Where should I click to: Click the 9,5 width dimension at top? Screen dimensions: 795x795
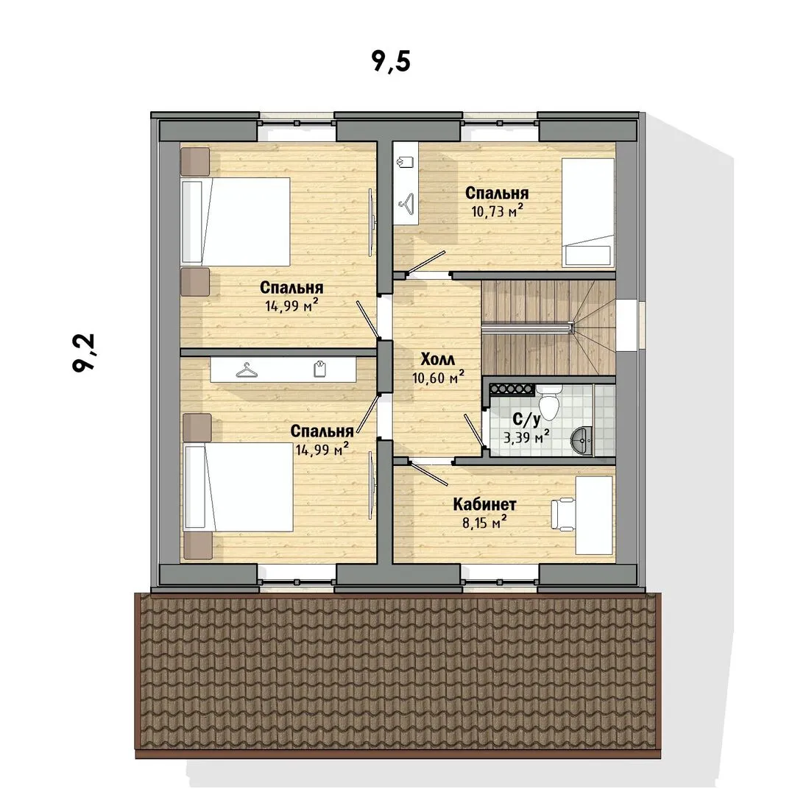click(x=390, y=62)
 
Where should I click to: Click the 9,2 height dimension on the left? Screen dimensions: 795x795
click(x=84, y=353)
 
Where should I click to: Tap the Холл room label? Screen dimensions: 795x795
click(x=438, y=359)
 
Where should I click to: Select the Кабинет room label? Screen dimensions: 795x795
click(x=484, y=504)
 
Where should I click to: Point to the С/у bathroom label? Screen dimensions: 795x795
click(x=527, y=419)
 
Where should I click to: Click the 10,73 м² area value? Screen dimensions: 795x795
click(x=497, y=211)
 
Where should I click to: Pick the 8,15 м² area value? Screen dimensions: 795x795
click(x=484, y=522)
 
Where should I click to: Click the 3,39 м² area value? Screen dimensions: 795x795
click(x=527, y=436)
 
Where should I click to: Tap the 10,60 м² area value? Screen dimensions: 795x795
click(x=438, y=377)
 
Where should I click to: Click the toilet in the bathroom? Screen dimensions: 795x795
click(x=548, y=400)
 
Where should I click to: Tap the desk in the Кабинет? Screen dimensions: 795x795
click(x=594, y=515)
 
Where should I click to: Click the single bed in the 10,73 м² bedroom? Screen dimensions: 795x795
click(x=588, y=213)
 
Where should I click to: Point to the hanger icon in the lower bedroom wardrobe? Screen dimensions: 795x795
click(x=247, y=370)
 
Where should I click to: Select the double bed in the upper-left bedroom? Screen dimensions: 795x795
click(x=236, y=221)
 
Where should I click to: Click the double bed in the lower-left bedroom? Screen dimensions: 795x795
click(x=237, y=487)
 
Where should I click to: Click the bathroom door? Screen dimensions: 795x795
click(x=475, y=431)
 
